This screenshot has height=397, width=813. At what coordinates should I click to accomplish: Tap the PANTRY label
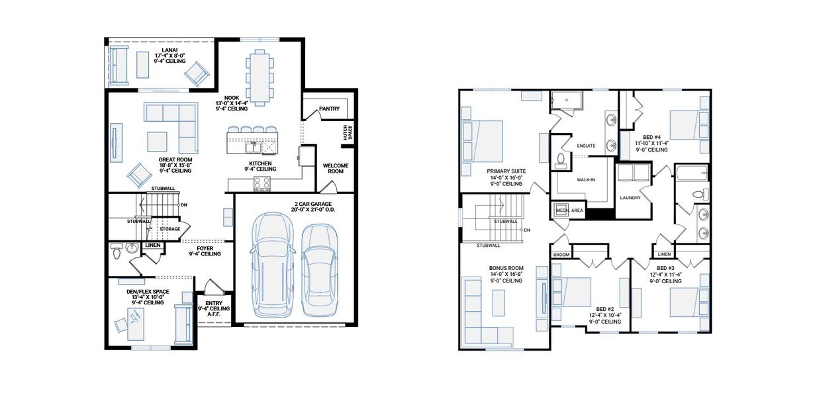pyautogui.click(x=329, y=109)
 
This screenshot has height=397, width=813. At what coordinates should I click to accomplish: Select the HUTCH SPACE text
pyautogui.click(x=348, y=133)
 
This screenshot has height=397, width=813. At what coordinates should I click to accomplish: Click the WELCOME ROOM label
pyautogui.click(x=335, y=169)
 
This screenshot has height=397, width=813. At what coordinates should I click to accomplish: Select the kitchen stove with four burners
pyautogui.click(x=262, y=183)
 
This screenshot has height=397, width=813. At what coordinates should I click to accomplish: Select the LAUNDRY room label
pyautogui.click(x=630, y=197)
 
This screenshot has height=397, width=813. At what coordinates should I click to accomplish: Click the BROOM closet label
pyautogui.click(x=561, y=254)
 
